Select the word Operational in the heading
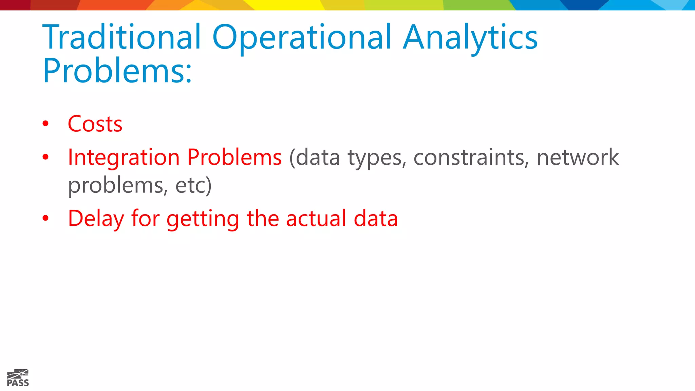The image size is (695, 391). tap(302, 37)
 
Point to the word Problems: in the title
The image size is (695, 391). tap(117, 71)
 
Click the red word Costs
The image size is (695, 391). tap(95, 124)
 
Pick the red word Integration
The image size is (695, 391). tap(124, 158)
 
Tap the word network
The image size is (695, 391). tap(578, 157)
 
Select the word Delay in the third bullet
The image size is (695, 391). tap(96, 219)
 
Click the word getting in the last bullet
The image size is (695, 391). tap(203, 219)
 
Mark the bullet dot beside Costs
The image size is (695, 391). tap(45, 124)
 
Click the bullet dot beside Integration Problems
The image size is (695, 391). tap(45, 157)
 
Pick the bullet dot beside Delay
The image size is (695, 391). tap(45, 218)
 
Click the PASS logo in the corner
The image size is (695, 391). tap(18, 378)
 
